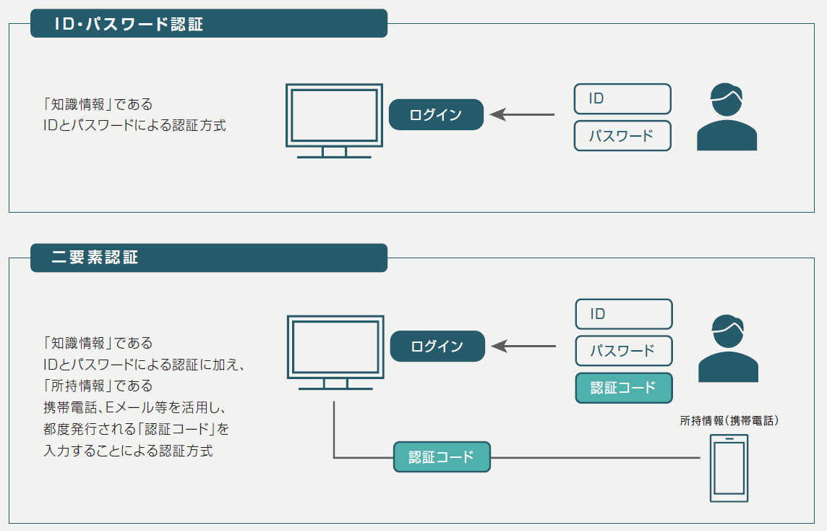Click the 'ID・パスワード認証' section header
[209, 23]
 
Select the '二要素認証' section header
[209, 258]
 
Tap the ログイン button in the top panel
[436, 114]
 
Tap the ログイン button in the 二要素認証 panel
[437, 347]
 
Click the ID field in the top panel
[622, 98]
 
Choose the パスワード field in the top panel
[622, 136]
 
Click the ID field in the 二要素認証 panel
[624, 314]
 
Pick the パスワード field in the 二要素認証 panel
[624, 351]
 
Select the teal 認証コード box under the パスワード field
[624, 388]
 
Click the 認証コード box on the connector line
[442, 457]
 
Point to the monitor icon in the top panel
[335, 121]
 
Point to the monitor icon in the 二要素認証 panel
[335, 352]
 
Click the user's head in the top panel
[727, 99]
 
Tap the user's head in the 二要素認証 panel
[728, 331]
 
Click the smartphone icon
[729, 468]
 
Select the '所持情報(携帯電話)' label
[729, 421]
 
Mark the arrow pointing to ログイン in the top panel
[522, 114]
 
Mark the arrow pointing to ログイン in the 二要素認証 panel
[523, 347]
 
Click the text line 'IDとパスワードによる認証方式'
[134, 126]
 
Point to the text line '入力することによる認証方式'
[128, 451]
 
